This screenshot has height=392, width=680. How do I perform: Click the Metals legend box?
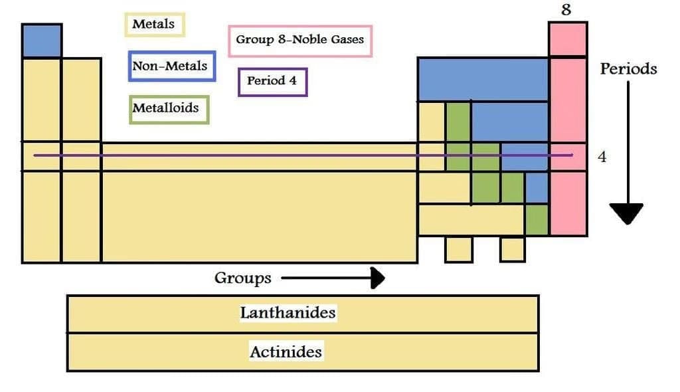[x=155, y=25]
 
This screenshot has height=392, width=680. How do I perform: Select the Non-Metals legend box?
[x=172, y=66]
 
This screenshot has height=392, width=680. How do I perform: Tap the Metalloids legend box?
[x=169, y=108]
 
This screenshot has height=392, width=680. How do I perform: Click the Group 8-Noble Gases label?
[x=300, y=41]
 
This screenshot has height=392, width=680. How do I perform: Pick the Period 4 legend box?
[x=272, y=82]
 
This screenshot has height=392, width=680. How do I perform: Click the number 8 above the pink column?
[x=566, y=9]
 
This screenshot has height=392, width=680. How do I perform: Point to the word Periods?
[x=628, y=68]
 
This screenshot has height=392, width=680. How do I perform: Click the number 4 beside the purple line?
[x=602, y=157]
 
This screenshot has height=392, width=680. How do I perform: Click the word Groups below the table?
[x=242, y=278]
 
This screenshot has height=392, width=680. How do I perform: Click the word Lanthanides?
[x=288, y=313]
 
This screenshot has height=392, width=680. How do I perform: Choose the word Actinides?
[x=286, y=351]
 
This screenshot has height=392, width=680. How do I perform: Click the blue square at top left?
[x=41, y=41]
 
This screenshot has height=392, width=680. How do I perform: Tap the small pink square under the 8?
[x=567, y=40]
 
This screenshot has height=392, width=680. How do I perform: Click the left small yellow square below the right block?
[x=458, y=249]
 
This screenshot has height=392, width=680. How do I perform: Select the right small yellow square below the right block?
[x=512, y=249]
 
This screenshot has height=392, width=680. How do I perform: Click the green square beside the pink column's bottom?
[x=537, y=219]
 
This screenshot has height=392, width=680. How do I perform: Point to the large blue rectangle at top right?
[x=483, y=79]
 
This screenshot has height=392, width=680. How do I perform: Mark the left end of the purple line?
[x=35, y=156]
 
